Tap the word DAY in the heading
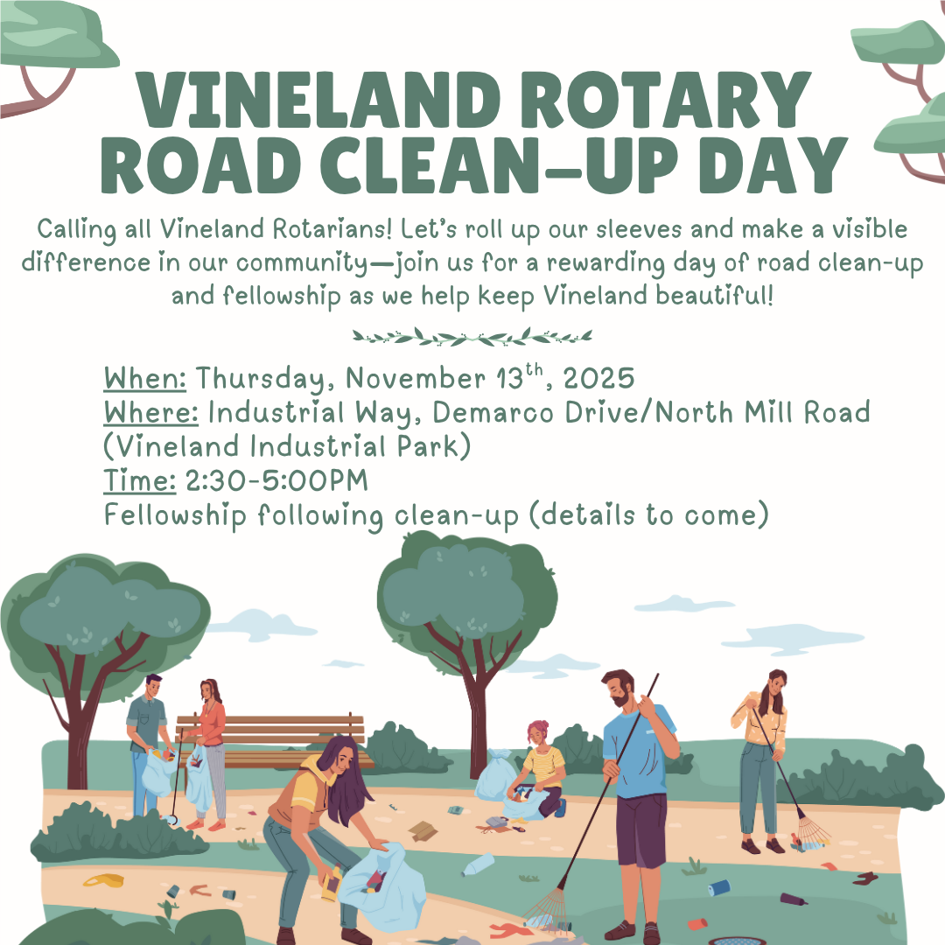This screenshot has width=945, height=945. tap(773, 164)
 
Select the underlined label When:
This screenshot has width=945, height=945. tap(144, 379)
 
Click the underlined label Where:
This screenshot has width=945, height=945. tap(150, 413)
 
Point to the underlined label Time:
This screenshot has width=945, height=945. tap(140, 481)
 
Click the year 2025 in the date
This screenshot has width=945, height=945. tap(598, 379)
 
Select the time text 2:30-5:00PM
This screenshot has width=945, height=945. tap(276, 481)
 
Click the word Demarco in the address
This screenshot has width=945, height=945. tap(493, 413)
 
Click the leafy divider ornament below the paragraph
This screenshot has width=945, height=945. tap(472, 337)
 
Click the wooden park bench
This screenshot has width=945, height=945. tap(271, 741)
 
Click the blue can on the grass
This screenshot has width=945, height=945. tap(719, 887)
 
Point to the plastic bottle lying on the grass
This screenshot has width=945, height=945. tap(478, 864)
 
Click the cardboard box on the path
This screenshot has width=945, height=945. tap(423, 831)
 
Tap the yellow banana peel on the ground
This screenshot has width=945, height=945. tap(103, 880)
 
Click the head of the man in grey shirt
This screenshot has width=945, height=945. tap(153, 686)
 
